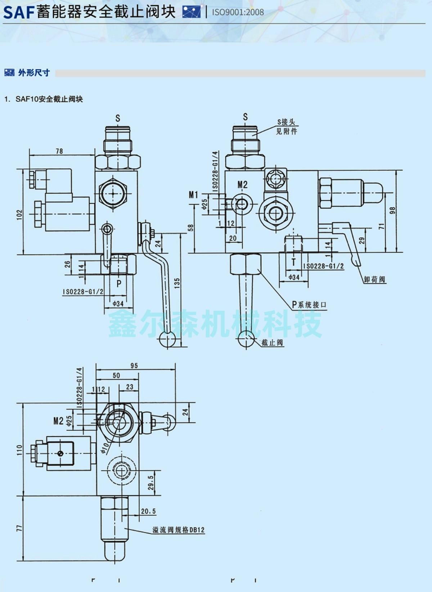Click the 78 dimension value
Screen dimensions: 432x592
point(59,151)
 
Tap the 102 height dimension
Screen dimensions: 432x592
point(19,215)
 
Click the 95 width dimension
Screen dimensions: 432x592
point(134,365)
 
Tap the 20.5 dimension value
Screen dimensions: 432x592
point(148,511)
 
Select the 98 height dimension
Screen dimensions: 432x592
point(393,210)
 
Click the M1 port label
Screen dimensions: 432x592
point(193,195)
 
